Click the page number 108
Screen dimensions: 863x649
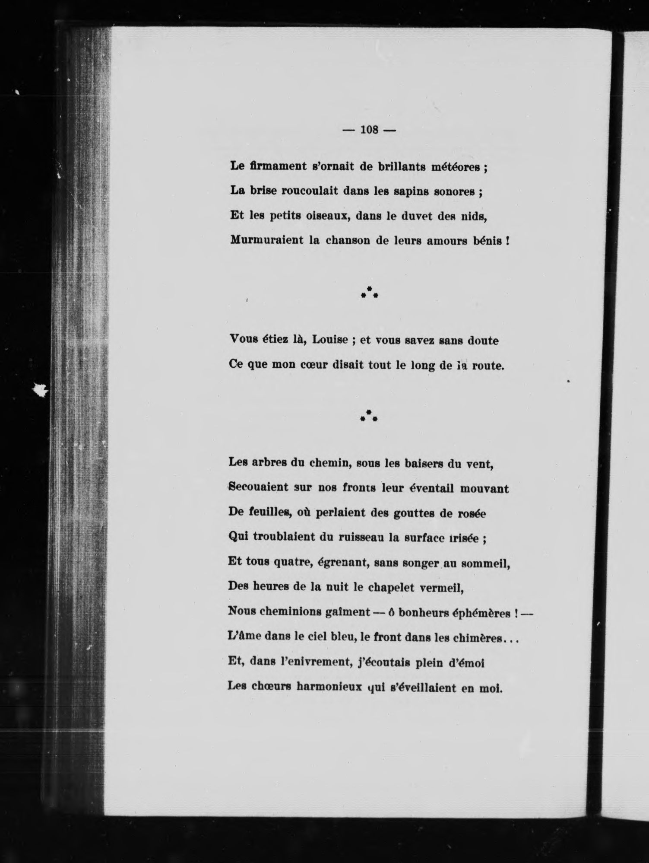[x=369, y=130]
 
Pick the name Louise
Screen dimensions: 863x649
[x=331, y=341]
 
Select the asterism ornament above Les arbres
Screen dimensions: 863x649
[x=369, y=415]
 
